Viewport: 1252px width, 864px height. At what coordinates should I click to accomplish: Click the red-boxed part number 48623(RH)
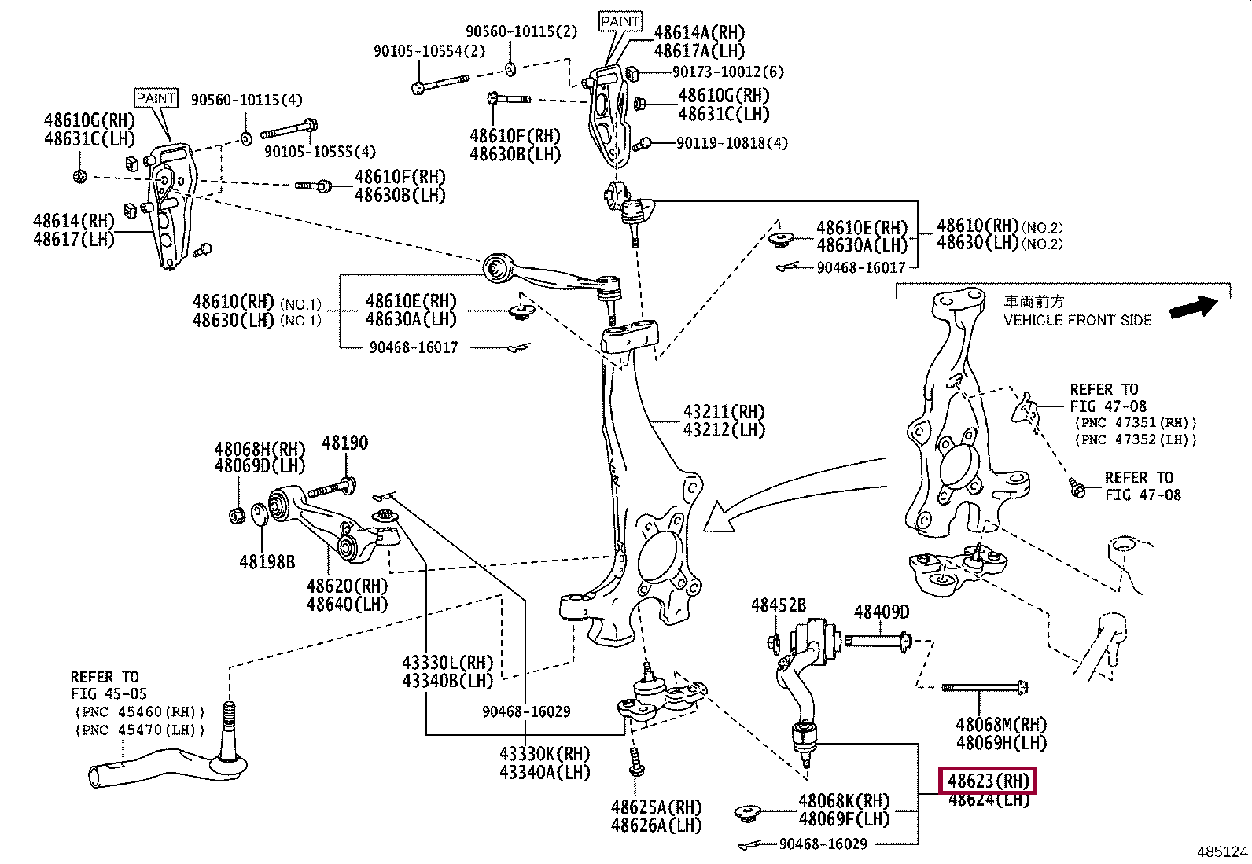click(x=989, y=781)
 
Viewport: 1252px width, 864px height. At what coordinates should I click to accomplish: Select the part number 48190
click(x=344, y=443)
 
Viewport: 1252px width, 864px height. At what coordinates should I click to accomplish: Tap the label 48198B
click(x=267, y=562)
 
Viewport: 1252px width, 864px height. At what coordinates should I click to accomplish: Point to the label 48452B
click(x=779, y=605)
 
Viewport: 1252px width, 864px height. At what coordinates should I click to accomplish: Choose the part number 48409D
click(x=882, y=612)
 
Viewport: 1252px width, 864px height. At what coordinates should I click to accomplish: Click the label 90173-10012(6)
click(x=728, y=72)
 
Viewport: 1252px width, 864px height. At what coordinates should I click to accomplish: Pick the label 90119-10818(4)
click(x=731, y=143)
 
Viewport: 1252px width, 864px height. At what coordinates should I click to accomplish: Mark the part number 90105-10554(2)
click(x=429, y=51)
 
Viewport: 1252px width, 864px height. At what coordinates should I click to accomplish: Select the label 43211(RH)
click(x=724, y=412)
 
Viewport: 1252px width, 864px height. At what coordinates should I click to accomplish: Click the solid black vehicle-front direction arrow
click(x=1194, y=307)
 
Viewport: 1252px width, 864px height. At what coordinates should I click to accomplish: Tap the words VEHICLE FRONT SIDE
click(x=1077, y=321)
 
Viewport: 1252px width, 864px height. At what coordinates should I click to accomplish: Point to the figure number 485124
click(x=1222, y=851)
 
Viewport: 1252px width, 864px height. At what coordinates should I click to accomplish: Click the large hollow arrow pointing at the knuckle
click(x=786, y=495)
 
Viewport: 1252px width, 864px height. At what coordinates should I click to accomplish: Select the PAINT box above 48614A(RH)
click(x=620, y=21)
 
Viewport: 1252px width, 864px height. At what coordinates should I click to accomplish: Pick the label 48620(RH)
click(x=347, y=586)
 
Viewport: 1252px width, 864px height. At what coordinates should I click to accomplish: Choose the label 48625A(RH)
click(x=656, y=807)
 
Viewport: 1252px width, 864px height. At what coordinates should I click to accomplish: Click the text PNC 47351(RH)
click(x=1136, y=423)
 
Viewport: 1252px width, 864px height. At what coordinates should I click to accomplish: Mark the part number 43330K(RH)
click(x=544, y=754)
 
